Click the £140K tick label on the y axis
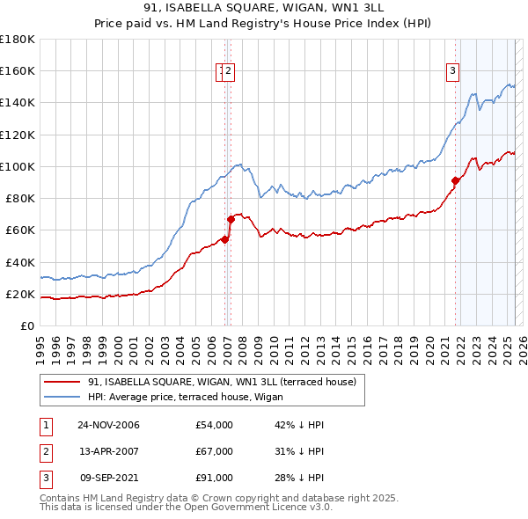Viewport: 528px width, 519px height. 18,102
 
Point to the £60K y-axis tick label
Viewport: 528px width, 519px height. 20,230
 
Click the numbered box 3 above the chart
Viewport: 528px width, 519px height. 452,72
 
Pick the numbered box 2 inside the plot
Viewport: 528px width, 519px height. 229,72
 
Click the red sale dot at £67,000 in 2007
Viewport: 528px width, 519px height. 231,219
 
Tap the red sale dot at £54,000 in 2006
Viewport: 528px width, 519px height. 225,239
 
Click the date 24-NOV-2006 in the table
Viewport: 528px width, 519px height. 109,425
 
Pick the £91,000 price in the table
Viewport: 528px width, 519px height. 214,478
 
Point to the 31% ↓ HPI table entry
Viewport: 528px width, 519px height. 300,451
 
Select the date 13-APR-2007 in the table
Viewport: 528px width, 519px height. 108,451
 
